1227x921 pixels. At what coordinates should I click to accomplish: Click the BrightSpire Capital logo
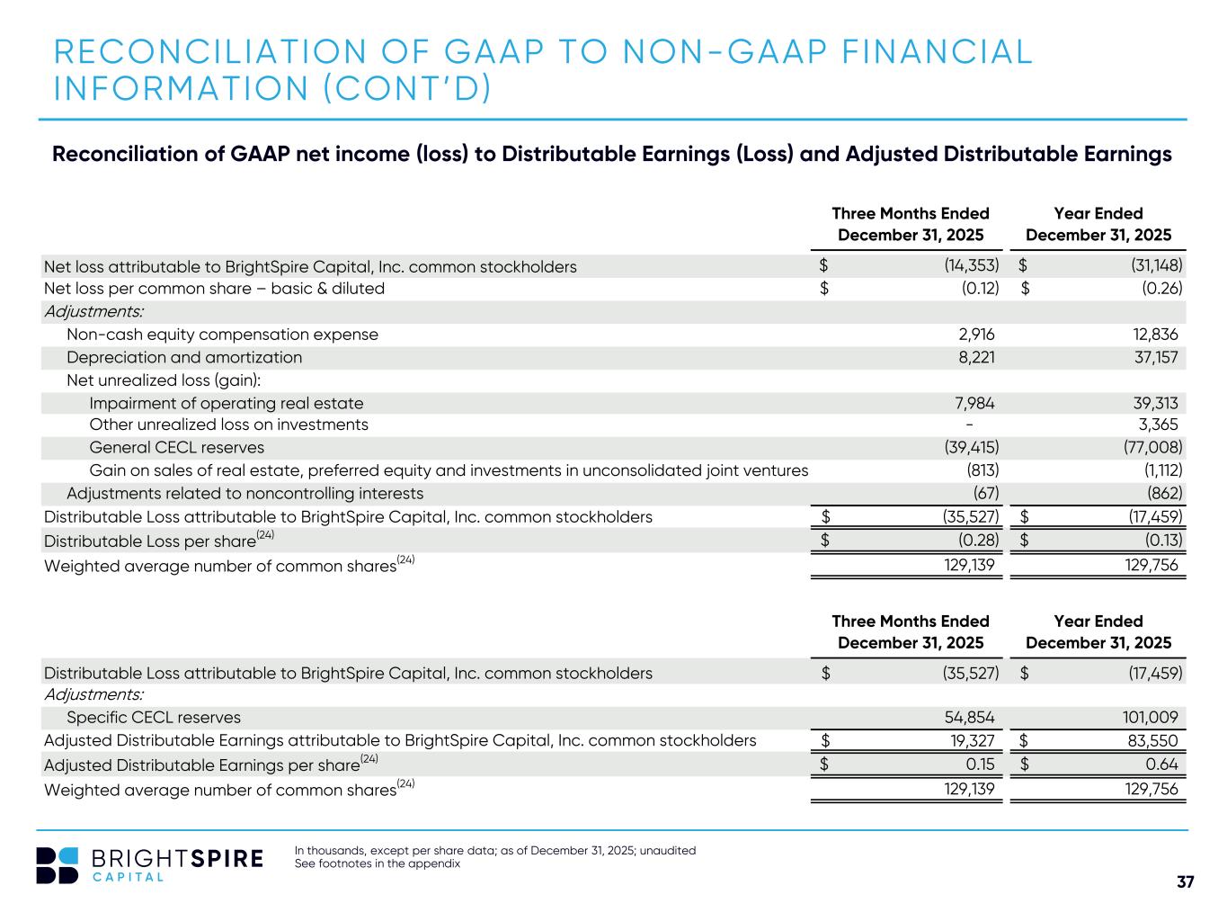149,864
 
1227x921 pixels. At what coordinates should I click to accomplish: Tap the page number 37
1186,882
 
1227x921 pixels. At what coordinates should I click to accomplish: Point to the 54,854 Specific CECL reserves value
970,718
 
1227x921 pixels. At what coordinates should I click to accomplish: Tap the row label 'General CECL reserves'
176,447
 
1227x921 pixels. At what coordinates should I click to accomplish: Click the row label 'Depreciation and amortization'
184,357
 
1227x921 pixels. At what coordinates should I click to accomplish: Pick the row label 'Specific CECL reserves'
154,718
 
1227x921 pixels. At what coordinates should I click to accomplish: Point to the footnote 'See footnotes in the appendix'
378,864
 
